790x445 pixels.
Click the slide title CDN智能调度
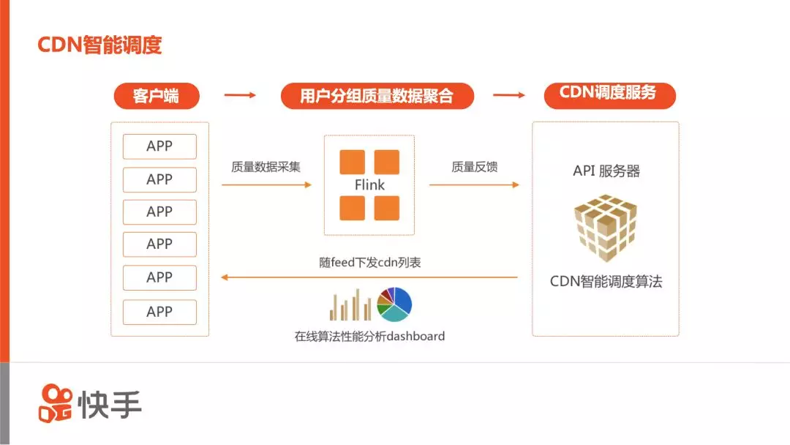(x=99, y=45)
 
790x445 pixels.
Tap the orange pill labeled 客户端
(x=156, y=96)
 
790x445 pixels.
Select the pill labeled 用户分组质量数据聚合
(x=377, y=96)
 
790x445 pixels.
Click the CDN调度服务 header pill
(x=608, y=94)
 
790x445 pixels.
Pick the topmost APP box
(x=159, y=146)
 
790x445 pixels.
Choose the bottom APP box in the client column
(x=159, y=312)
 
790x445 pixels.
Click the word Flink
(x=369, y=185)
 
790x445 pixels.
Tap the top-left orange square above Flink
(x=352, y=162)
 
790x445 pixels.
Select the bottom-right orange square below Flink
(x=387, y=208)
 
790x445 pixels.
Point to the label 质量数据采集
(x=266, y=167)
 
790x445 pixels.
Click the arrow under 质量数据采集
(x=266, y=185)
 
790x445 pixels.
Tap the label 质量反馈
(x=475, y=167)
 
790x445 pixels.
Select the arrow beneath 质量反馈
(x=474, y=185)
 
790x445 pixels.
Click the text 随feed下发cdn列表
(x=370, y=262)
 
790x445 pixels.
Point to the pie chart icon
(x=395, y=304)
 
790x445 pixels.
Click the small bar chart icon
(x=350, y=305)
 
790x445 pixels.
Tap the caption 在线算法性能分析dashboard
(x=369, y=337)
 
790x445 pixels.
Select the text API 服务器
(x=606, y=171)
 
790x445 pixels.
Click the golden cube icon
(x=606, y=228)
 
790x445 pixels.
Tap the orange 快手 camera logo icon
(x=56, y=403)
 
